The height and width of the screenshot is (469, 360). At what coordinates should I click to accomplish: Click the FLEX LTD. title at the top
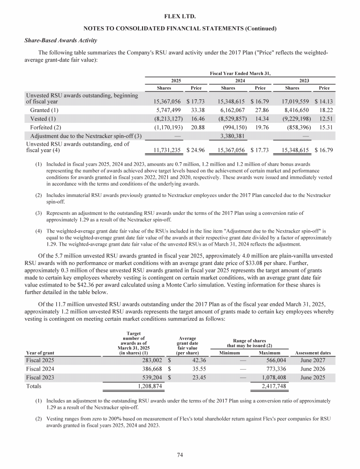[180, 17]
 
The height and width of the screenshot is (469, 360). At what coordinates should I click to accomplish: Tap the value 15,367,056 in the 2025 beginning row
[167, 101]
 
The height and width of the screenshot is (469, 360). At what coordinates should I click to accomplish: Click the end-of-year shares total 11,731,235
[167, 151]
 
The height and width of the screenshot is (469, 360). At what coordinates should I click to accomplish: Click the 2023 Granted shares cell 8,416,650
[299, 111]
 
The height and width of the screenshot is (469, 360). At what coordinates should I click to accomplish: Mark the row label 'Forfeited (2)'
[46, 128]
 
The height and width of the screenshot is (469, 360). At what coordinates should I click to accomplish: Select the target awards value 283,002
[148, 360]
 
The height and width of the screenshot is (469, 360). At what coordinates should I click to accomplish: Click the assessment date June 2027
[312, 360]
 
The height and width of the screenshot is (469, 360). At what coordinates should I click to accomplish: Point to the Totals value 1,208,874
[143, 386]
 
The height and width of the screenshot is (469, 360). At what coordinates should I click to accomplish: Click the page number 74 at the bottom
[180, 454]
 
